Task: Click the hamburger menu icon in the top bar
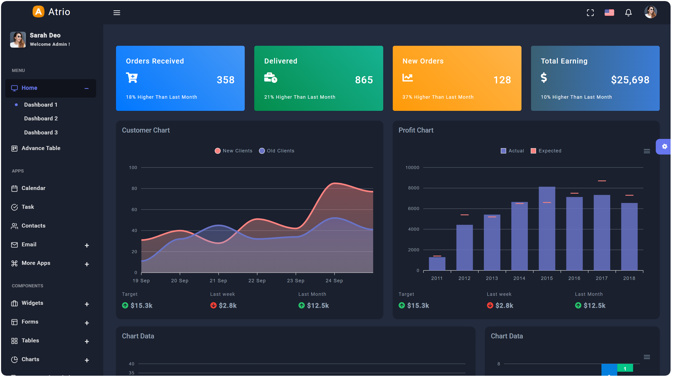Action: coord(117,13)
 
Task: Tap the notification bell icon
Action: coord(628,12)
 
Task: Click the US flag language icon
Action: coord(609,12)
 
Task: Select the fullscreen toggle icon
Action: coord(590,13)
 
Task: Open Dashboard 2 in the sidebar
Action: coord(41,119)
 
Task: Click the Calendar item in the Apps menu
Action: coord(33,188)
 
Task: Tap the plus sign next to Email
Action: coord(87,245)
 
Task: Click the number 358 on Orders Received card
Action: coord(225,80)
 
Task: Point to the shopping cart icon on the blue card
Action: coord(132,78)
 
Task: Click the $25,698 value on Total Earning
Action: coord(630,80)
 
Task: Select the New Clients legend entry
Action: coord(234,151)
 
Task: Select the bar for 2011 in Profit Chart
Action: coord(437,264)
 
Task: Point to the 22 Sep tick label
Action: coord(257,281)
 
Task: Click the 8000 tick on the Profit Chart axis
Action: coord(413,188)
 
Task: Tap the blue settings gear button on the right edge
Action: coord(664,147)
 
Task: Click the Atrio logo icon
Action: coord(38,12)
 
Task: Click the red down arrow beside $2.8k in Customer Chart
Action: coord(213,306)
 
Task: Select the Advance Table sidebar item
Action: coord(41,148)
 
